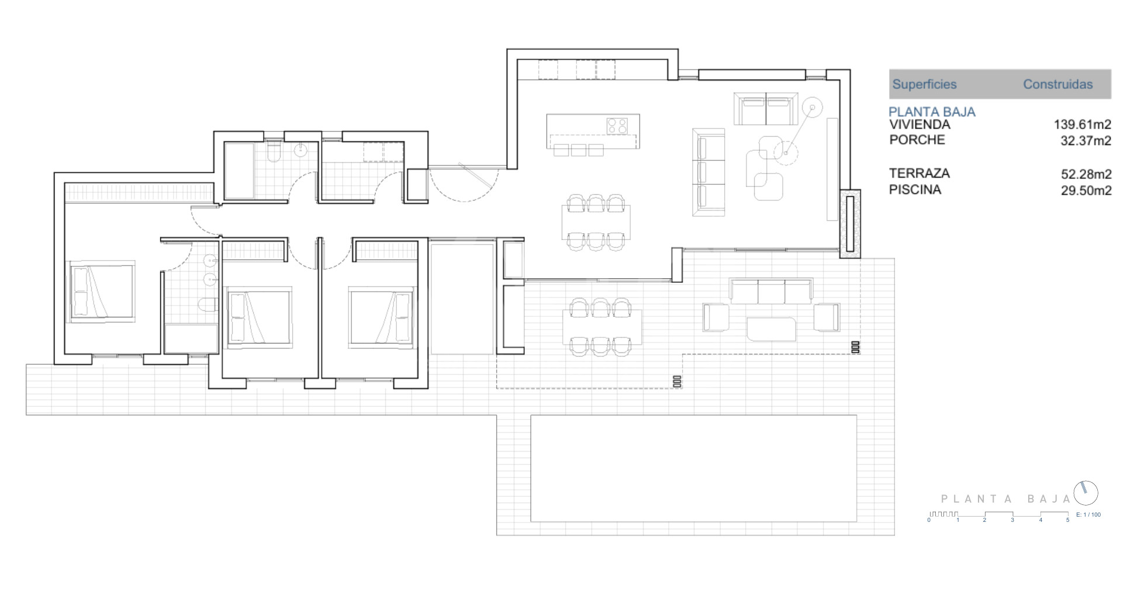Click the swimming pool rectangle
coord(693,468)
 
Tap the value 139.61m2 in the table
coord(1082,124)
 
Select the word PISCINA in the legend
coord(915,189)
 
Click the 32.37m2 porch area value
coord(1085,141)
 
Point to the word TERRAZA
coord(919,173)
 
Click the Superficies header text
coord(924,84)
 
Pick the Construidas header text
coord(1057,84)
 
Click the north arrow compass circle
coord(1086,493)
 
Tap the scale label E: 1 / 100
coord(1088,515)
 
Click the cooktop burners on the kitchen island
coord(617,125)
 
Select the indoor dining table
coord(596,222)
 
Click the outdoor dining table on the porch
coord(601,327)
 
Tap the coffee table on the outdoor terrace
coord(771,329)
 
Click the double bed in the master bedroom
coord(103,291)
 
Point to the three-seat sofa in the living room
coord(708,172)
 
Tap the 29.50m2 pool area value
coord(1086,191)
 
